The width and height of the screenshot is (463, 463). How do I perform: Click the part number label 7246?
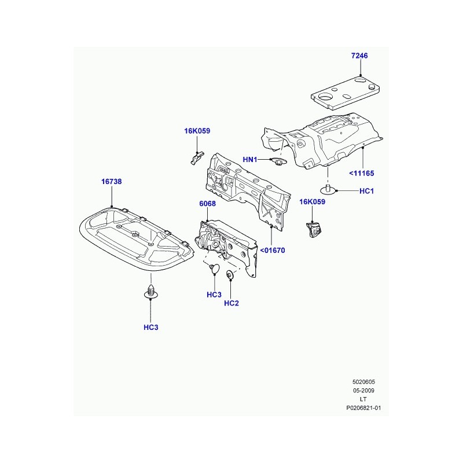pos(359,56)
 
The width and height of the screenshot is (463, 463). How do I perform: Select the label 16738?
pos(111,182)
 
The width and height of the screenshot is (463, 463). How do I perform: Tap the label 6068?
pos(207,204)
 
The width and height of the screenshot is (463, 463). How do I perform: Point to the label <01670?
pos(273,251)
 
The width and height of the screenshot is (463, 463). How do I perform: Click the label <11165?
pos(361,173)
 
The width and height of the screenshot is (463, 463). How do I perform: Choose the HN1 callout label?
pos(250,160)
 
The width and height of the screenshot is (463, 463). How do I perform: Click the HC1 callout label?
pos(366,191)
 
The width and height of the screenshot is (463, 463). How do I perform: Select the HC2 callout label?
pos(231,303)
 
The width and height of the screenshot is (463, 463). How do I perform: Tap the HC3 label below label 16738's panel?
pos(151,328)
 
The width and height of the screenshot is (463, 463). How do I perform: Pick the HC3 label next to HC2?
pos(214,295)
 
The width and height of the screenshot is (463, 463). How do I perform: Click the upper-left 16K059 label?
pos(197,131)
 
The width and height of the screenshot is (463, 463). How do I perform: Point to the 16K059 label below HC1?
pos(312,201)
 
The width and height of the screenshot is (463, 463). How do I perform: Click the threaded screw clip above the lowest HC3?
pos(151,292)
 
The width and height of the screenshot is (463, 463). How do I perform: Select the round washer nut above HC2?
pos(230,274)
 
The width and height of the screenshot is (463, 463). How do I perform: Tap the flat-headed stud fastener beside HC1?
pos(328,189)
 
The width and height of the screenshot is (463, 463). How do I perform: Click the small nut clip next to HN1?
pos(278,162)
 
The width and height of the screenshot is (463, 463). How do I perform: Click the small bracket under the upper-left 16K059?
pos(196,157)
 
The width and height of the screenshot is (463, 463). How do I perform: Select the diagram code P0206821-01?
pos(363,408)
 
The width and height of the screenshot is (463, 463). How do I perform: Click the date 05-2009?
pos(363,390)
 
